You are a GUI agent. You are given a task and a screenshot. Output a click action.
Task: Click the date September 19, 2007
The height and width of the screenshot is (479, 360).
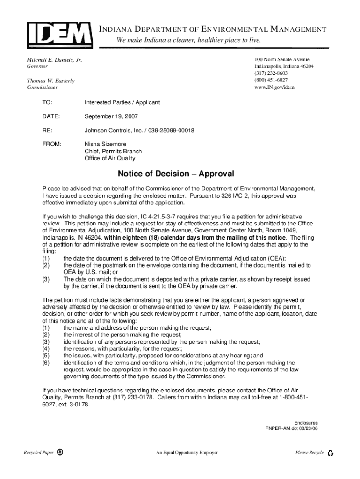[x=111, y=116]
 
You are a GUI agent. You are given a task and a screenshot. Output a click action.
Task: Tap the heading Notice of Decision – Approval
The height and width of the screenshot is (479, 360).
[x=176, y=174]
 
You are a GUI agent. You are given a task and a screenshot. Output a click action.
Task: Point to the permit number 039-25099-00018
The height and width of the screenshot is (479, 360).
[x=171, y=131]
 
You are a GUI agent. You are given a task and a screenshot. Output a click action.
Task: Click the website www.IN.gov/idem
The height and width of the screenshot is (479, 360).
[x=274, y=87]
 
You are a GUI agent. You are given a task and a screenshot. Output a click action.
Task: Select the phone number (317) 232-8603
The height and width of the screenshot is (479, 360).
[x=271, y=73]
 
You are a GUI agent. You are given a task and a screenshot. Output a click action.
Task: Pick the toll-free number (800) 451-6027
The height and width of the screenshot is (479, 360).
[x=271, y=80]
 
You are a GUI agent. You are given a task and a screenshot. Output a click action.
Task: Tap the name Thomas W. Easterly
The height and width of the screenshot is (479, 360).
[x=50, y=81]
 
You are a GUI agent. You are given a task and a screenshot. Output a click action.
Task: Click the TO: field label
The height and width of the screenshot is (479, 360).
[x=47, y=102]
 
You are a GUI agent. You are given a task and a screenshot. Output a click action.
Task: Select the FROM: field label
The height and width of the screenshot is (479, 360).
[x=51, y=144]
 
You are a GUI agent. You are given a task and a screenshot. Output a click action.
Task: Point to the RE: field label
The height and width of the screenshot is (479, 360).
[x=47, y=131]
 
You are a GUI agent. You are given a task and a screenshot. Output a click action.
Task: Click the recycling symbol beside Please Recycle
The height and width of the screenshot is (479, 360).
[x=331, y=453]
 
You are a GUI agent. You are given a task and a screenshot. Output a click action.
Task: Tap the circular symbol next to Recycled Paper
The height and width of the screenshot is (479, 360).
[x=60, y=453]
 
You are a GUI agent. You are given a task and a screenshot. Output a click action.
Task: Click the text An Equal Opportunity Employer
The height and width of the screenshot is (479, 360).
[x=187, y=453]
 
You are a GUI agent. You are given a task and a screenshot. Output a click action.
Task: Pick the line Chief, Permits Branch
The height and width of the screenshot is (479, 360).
[x=113, y=152]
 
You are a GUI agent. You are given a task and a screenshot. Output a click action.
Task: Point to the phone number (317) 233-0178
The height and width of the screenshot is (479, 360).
[x=131, y=398]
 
